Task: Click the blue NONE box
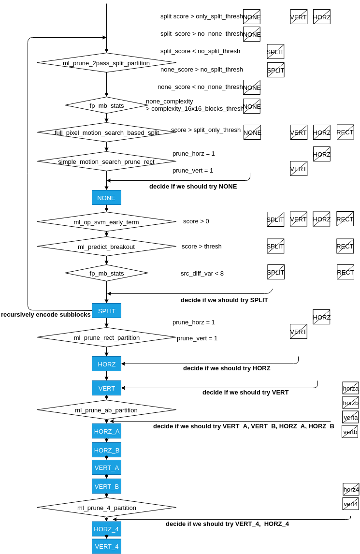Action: coord(106,198)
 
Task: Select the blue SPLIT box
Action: coord(106,310)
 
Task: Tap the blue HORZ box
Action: coord(106,364)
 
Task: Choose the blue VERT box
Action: coord(106,388)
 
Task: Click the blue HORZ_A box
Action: coord(106,431)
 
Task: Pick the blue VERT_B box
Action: coord(106,486)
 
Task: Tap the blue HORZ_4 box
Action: coord(106,529)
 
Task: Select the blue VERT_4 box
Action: coord(106,546)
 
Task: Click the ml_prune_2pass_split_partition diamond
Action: coord(106,63)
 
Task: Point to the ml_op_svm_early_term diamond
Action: coord(106,222)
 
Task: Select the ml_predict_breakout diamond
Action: coord(106,247)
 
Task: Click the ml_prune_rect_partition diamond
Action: coord(106,337)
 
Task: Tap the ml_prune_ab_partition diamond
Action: coord(106,410)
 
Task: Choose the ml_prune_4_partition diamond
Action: coord(106,508)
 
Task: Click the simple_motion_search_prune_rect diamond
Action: coord(106,161)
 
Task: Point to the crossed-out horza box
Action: coord(350,388)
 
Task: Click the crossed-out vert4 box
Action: coord(350,503)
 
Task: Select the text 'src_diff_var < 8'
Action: coord(202,274)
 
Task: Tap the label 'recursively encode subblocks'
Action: coord(46,314)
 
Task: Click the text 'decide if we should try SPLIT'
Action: coord(224,300)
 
